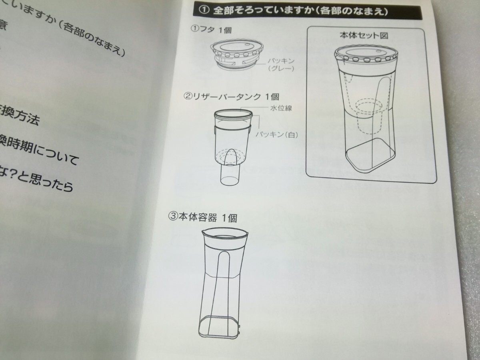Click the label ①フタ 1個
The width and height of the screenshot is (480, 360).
point(212,30)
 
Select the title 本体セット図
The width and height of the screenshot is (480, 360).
point(367,36)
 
